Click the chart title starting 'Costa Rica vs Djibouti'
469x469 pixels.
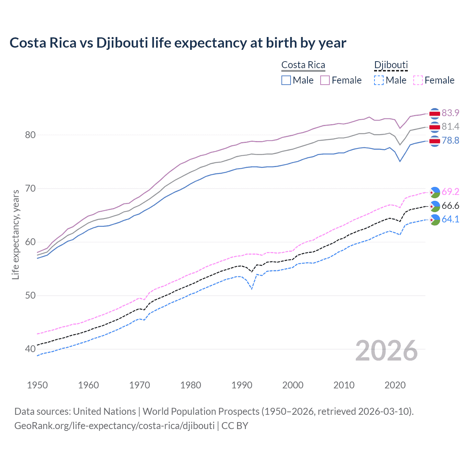[178, 43]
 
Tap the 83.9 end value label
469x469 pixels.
[450, 113]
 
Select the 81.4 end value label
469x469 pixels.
[450, 126]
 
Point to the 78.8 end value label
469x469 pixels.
[450, 140]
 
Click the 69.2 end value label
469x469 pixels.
[450, 192]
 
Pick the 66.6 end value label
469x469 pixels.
[450, 206]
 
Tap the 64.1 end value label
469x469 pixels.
[450, 219]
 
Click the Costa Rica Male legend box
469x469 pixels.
[286, 80]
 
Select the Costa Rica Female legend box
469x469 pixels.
[325, 80]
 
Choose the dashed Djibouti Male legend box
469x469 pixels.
[379, 80]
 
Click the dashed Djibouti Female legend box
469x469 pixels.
[418, 80]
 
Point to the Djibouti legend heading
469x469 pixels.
[391, 65]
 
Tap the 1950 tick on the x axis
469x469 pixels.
[37, 385]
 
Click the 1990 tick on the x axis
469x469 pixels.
[242, 385]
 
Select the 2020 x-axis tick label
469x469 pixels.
[395, 385]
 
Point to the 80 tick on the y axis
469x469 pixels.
[30, 135]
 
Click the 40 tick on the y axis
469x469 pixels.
[30, 349]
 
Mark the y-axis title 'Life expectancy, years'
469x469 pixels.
[15, 234]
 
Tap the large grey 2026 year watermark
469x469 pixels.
[387, 351]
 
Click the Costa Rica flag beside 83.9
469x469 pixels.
[435, 114]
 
